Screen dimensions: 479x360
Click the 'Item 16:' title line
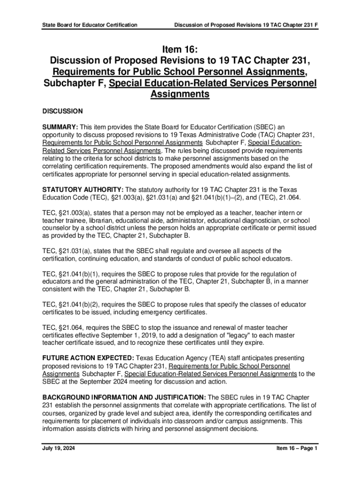180,50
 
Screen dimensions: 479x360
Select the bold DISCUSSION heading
63,111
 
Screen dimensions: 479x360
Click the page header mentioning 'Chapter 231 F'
246,24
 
